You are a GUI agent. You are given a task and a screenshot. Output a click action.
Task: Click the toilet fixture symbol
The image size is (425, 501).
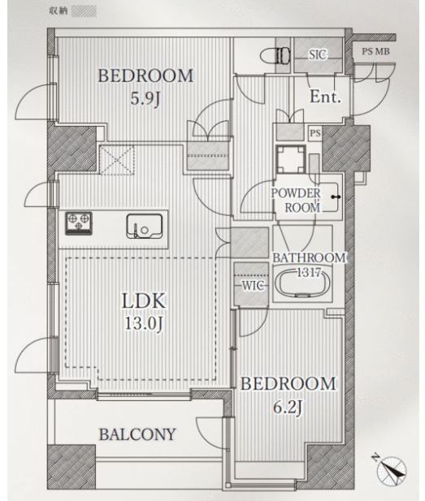coord(275,57)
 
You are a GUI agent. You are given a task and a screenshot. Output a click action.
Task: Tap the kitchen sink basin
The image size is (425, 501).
coord(144,226)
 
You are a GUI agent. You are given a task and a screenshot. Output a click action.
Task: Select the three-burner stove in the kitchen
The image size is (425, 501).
coord(79,223)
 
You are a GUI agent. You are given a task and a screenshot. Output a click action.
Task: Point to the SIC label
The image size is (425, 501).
coord(318,54)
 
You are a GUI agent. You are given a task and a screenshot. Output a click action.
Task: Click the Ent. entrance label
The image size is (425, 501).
coord(325,96)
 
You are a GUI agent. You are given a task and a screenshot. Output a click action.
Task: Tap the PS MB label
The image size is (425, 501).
coord(375,51)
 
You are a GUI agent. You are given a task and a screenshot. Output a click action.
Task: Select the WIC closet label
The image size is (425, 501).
coord(252,285)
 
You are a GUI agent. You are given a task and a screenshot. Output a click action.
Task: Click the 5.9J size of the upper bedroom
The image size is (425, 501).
coord(145,98)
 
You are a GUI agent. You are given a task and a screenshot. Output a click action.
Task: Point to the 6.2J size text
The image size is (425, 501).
coord(288,407)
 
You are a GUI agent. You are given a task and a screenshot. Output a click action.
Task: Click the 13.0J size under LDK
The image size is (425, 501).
coord(144,324)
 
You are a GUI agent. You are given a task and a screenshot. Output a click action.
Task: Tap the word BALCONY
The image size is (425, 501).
coord(137,434)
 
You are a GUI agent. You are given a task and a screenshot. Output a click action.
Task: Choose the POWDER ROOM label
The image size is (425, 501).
coord(296,201)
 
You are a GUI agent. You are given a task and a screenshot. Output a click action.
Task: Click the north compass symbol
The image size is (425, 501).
coord(390,469)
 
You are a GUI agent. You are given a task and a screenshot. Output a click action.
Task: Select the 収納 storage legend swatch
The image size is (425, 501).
coord(84,11)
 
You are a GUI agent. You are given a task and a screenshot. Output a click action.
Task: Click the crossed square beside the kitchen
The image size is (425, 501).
coord(117,160)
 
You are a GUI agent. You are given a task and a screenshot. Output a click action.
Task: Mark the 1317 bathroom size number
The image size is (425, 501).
coord(309,273)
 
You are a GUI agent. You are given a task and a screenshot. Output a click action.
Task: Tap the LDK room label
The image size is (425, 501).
coord(144,300)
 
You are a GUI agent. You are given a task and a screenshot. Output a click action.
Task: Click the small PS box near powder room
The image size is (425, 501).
coord(315,133)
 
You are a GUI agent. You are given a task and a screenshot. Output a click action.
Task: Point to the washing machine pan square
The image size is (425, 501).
coord(291,159)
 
